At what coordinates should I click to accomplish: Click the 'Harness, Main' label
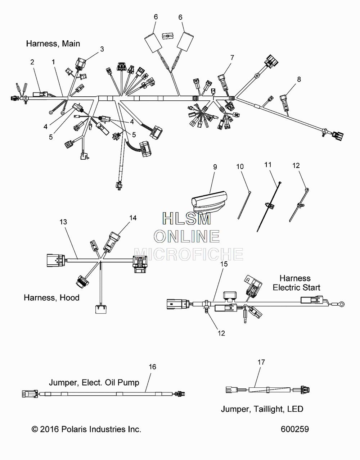coord(53,44)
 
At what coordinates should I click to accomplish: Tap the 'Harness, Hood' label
coord(51,298)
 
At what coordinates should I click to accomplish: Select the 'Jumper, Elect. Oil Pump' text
coord(94,383)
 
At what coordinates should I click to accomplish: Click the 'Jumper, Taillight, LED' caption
coord(262,409)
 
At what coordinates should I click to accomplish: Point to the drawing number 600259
coord(295,429)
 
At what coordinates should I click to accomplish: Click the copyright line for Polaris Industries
coord(86,429)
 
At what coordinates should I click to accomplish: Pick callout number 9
coord(215,167)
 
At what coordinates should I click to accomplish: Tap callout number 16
coord(152,367)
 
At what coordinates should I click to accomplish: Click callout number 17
coord(261,362)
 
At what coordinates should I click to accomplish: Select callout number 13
coord(63,222)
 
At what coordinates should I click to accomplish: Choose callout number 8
coord(299,79)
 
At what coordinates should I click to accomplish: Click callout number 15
coord(224,264)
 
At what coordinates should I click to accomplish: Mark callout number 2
coord(32,62)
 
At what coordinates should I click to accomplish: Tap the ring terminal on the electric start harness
coord(341,304)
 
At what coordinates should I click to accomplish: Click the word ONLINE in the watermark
coord(187,236)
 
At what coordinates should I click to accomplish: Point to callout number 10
coord(240,167)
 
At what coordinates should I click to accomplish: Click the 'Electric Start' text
coord(296,287)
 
